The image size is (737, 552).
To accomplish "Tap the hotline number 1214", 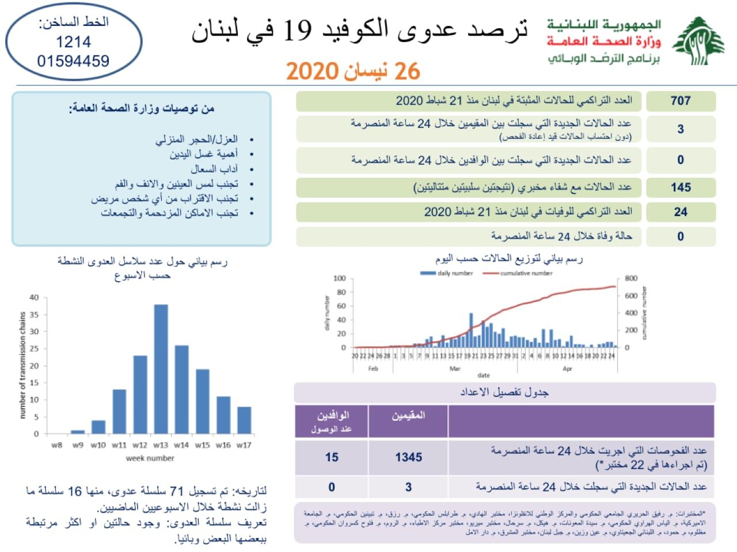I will [73, 41].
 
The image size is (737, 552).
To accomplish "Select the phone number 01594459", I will [73, 60].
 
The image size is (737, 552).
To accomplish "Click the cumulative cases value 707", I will [680, 101].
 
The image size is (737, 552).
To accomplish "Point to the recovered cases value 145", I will [680, 187].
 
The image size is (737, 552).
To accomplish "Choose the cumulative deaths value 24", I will [680, 212].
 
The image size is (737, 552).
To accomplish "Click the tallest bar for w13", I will [161, 368].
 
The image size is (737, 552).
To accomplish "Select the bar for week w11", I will [119, 411].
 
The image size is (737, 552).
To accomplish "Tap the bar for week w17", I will [244, 420].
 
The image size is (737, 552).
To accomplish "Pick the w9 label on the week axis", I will [78, 445].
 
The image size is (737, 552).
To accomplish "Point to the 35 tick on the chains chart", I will [35, 315].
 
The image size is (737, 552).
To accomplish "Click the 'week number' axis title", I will [150, 458].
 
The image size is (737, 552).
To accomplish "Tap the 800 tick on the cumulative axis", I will [631, 278].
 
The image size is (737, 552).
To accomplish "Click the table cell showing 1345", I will [408, 457].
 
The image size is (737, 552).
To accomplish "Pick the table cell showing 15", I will [332, 457].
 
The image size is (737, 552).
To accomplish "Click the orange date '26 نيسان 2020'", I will [353, 71].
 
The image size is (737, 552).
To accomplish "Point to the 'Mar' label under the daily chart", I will [455, 369].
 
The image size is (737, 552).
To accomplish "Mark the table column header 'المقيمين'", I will [408, 415].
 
